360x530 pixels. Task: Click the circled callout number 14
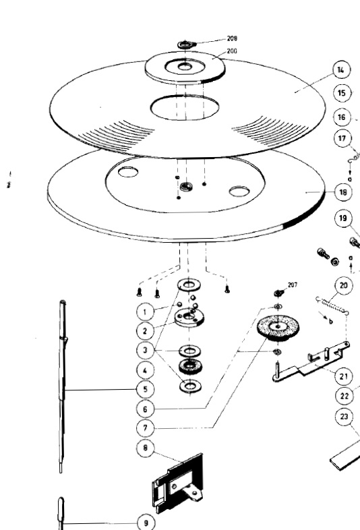click(341, 69)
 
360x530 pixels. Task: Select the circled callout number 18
click(343, 192)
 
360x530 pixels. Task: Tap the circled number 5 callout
click(146, 389)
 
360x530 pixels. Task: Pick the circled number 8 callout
click(146, 448)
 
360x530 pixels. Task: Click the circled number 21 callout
click(344, 376)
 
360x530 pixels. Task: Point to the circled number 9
click(146, 523)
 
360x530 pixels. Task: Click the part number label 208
click(232, 38)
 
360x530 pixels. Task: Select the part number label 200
click(232, 51)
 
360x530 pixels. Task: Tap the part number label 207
click(293, 285)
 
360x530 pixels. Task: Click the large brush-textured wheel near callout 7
click(278, 327)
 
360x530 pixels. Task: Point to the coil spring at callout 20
click(332, 306)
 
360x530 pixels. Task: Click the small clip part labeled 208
click(187, 44)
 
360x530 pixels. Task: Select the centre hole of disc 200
click(185, 67)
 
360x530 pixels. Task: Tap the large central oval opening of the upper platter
click(185, 107)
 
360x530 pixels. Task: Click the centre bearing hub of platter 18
click(186, 186)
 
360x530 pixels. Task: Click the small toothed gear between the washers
click(189, 367)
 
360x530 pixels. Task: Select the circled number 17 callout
click(342, 138)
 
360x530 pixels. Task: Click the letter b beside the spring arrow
click(331, 322)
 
